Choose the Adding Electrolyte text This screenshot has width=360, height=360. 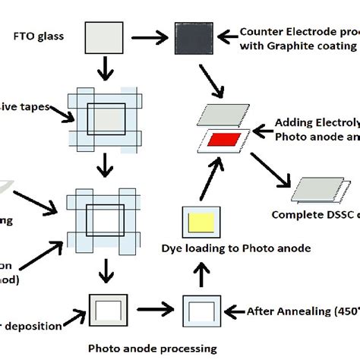[308, 122]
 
